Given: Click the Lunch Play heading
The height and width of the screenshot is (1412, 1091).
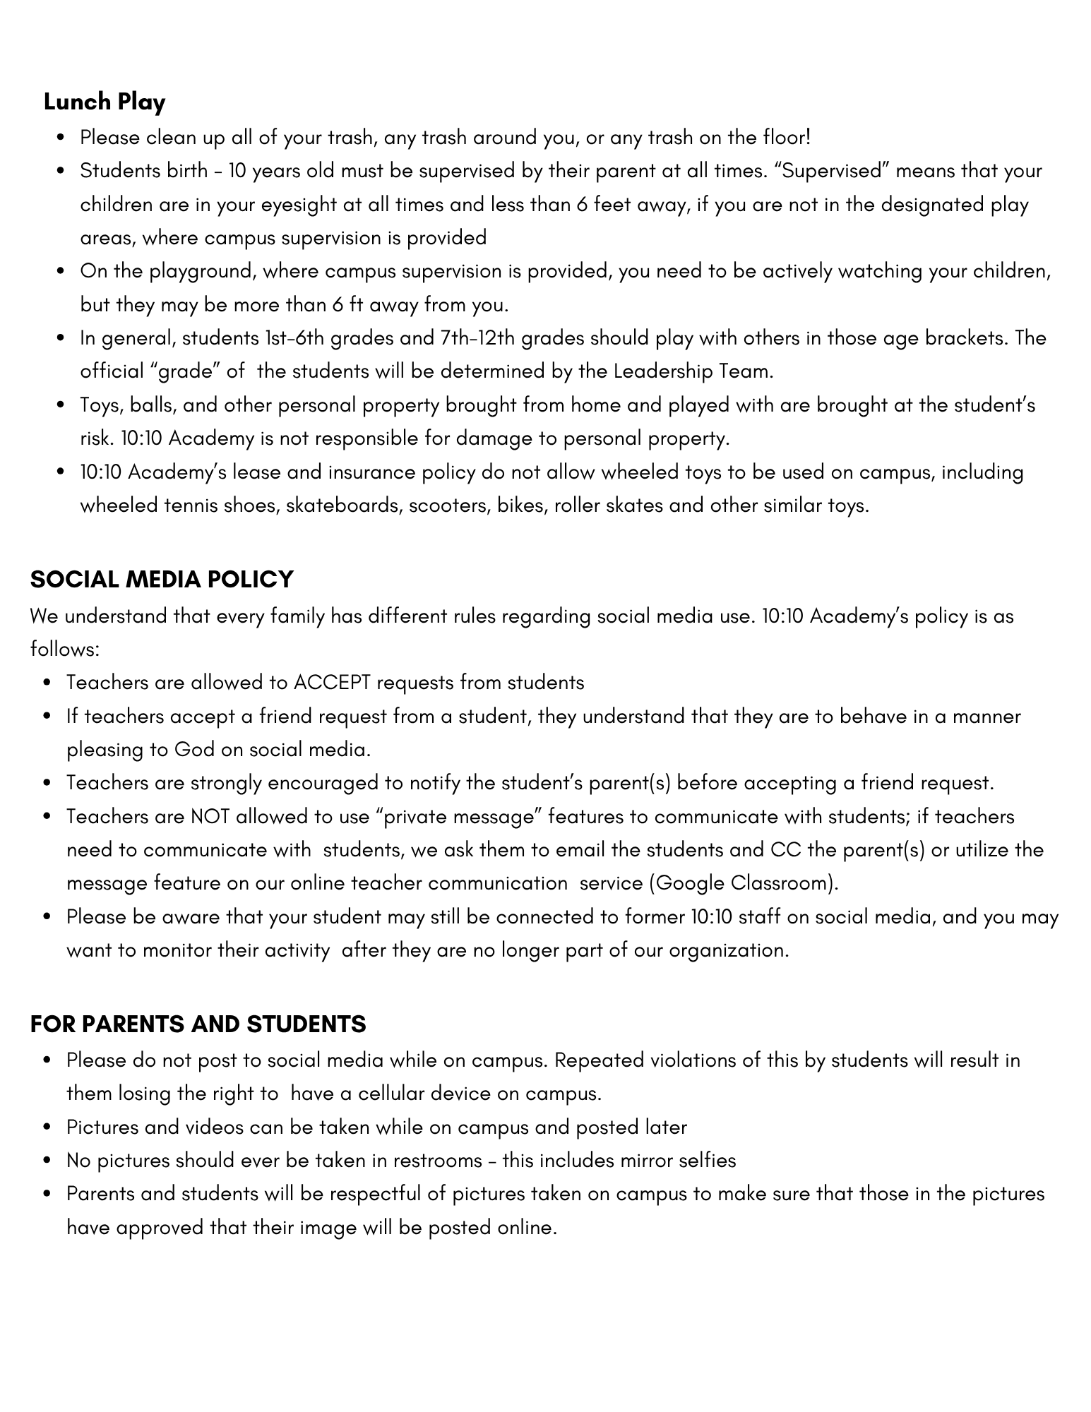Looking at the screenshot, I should [105, 102].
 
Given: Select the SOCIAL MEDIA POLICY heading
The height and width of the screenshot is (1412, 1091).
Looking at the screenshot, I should [162, 580].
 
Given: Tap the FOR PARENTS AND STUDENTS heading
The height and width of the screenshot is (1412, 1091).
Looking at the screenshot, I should [198, 1024].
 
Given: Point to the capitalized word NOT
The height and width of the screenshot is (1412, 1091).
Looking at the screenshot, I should [210, 817].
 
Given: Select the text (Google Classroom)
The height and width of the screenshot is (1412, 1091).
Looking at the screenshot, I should [744, 884].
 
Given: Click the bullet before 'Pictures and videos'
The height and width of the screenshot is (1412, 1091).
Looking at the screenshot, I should [47, 1127].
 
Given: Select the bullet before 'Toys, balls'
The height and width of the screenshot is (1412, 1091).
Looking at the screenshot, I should [61, 406].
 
